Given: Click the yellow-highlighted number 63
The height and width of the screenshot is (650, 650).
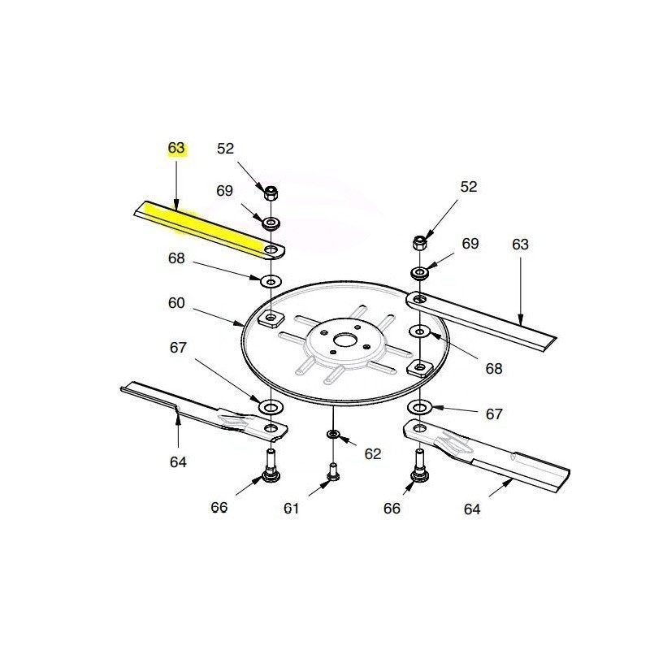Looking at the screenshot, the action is point(175,148).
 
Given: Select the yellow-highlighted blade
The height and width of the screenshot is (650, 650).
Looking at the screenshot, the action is point(210,231).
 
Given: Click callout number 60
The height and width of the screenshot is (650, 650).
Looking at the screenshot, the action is point(176,303).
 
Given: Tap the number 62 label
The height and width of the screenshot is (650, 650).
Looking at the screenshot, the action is point(373,454).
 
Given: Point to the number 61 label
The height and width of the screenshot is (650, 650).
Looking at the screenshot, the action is point(291,508).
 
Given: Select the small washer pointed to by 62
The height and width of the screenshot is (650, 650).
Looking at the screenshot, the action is point(333,434).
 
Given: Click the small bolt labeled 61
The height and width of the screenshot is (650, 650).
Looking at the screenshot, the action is point(333,473).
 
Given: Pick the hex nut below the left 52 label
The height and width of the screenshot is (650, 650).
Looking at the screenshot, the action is point(271,193).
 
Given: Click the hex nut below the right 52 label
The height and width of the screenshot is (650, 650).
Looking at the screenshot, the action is point(420,242).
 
